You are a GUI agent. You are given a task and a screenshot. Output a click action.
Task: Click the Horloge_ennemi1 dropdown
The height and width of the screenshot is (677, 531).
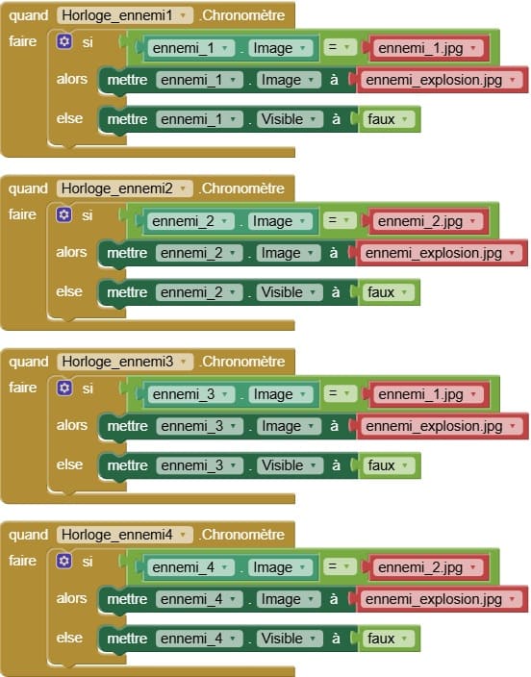click(x=124, y=15)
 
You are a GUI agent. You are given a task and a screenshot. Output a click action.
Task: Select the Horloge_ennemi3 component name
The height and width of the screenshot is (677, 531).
click(x=117, y=362)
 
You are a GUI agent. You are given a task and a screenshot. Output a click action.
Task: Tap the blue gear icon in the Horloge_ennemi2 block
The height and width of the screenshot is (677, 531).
click(x=63, y=214)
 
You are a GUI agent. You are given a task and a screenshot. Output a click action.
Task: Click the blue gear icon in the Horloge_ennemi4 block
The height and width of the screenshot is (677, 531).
click(x=63, y=561)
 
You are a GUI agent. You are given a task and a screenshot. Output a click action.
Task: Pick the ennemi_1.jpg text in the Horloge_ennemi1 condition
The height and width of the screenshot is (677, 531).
click(x=420, y=48)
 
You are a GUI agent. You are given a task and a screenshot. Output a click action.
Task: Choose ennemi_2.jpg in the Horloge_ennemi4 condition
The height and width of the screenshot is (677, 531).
click(x=420, y=567)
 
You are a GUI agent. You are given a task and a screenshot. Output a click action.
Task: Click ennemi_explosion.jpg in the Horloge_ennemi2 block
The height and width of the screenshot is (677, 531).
click(x=433, y=253)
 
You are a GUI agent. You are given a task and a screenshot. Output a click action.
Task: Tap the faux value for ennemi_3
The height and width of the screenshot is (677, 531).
click(x=381, y=465)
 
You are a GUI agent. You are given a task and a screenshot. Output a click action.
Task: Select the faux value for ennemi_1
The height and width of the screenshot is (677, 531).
click(x=381, y=119)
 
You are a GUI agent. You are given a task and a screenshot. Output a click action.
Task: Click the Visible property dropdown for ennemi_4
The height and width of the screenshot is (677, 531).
click(x=290, y=639)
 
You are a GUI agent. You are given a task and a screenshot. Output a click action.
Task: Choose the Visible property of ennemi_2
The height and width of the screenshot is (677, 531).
click(x=290, y=292)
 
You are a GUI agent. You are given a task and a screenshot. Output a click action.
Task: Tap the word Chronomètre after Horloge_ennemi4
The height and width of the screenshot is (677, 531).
click(x=242, y=535)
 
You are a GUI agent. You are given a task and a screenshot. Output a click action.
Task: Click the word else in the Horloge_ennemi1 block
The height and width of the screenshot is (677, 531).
click(x=69, y=118)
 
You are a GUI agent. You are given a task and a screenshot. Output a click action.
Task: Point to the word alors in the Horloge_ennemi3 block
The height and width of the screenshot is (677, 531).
click(x=72, y=425)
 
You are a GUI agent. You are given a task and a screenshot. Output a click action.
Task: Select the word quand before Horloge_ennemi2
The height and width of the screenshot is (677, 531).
click(x=28, y=188)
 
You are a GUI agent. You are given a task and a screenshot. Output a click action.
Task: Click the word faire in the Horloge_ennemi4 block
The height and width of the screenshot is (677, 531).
click(x=22, y=561)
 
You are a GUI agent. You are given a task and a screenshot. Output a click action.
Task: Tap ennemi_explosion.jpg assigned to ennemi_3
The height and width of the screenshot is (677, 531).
click(x=434, y=427)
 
